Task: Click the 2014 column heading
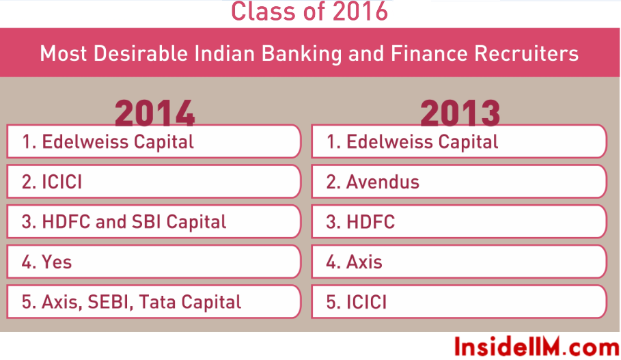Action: [154, 113]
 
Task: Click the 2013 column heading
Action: [460, 113]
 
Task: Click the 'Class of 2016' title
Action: [309, 11]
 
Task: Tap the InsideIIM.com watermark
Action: [537, 347]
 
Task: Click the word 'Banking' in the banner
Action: [301, 54]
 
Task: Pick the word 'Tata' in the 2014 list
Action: [158, 302]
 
